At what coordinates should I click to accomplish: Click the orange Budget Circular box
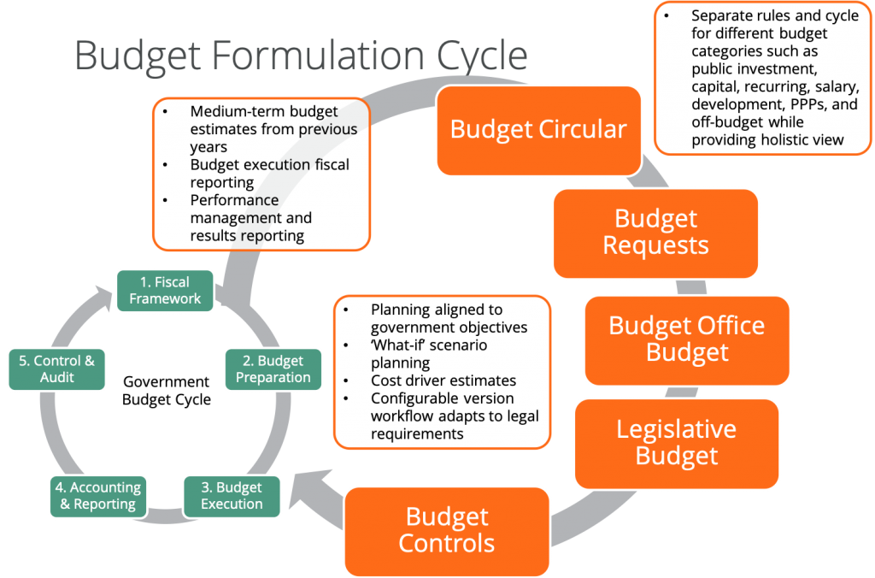point(538,131)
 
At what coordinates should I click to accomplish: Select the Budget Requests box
point(655,233)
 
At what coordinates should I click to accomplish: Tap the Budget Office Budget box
point(687,340)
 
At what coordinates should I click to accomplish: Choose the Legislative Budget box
point(677,444)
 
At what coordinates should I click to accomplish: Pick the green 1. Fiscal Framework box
point(165,291)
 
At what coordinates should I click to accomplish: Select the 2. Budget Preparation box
point(273,369)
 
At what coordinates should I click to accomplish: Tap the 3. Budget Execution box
point(232,496)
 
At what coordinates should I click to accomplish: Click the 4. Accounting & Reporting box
point(98,496)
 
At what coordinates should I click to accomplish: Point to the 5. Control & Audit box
point(57,369)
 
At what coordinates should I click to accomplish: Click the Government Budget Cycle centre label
point(167,391)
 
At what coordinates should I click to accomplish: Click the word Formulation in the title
point(318,56)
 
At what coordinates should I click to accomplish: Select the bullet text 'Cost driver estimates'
point(443,380)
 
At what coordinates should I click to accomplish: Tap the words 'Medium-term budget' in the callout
point(264,112)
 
